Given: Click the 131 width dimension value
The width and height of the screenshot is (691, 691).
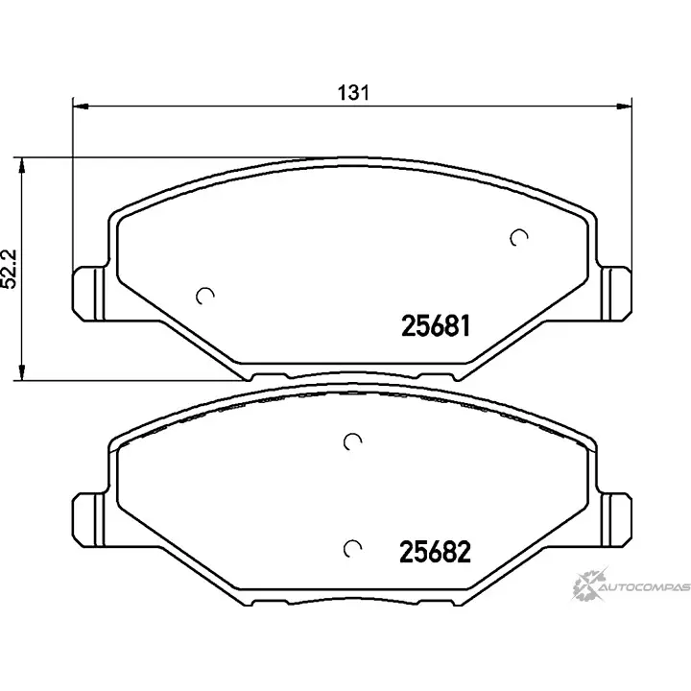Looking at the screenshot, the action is (x=353, y=92).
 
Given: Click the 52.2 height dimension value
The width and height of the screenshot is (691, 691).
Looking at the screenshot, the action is (x=10, y=270).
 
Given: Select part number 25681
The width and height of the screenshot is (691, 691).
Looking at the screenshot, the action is (x=436, y=326).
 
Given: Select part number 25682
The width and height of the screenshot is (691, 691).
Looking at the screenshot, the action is (x=435, y=552).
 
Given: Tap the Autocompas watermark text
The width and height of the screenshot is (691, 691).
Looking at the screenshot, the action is (x=645, y=587).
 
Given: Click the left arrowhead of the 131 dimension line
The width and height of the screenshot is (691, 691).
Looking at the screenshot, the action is (x=81, y=107).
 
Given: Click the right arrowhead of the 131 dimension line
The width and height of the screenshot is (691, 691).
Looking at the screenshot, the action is (x=624, y=107).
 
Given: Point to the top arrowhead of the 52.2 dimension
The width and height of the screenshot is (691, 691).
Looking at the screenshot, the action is (x=21, y=166).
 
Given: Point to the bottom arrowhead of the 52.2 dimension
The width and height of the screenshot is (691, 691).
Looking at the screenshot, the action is (x=21, y=372).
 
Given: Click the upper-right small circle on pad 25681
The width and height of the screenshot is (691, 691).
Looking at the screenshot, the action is (x=518, y=238).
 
